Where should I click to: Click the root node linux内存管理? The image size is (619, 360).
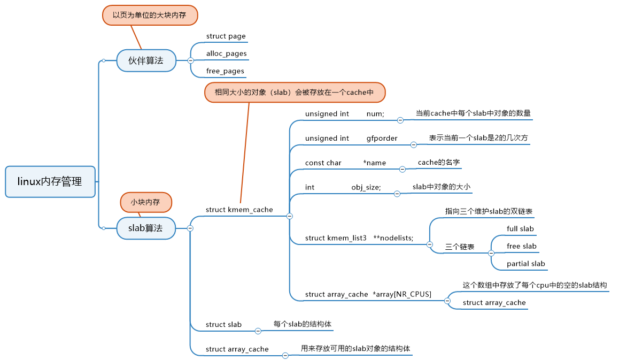point(50,182)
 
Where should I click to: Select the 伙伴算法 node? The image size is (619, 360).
point(146,60)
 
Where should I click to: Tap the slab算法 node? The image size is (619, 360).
point(146,228)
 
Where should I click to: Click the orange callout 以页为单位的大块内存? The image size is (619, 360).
point(150,15)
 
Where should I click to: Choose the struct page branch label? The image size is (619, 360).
point(226,36)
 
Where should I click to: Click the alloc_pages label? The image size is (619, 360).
point(227,53)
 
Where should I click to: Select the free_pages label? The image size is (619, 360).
point(225,71)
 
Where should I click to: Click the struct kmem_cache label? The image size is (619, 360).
point(239,210)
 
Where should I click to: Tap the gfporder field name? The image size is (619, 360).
point(382,138)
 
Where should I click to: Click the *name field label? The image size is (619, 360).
point(374,163)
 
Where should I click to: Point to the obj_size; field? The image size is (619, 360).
point(366,187)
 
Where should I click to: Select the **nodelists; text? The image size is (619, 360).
point(393,238)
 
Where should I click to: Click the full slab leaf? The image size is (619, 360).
point(520,228)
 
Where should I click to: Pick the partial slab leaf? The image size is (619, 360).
point(525,263)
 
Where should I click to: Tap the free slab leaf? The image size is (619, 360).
point(521,246)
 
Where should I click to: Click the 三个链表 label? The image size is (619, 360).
point(460,247)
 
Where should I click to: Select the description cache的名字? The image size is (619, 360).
point(438,162)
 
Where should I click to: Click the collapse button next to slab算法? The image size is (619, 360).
point(190,228)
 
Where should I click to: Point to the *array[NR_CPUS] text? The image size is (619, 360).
point(402,294)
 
